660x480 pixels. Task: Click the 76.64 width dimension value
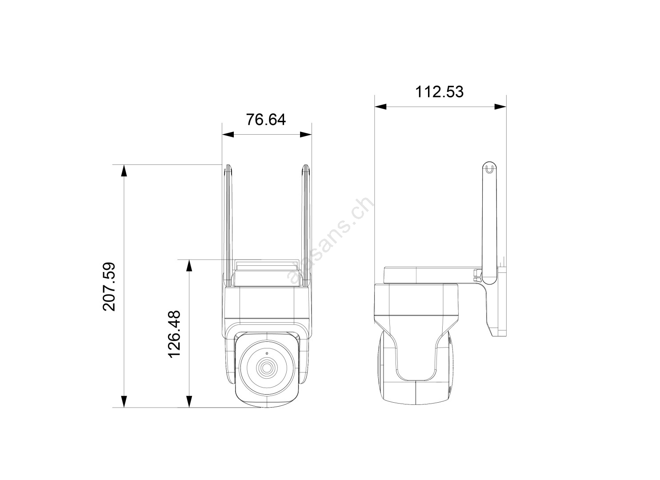266,120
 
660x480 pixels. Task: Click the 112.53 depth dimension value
439,92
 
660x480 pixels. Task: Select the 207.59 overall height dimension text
109,287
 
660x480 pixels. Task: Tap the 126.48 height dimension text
174,334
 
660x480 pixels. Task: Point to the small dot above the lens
267,353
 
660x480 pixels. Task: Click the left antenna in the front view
228,225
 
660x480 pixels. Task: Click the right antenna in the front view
306,225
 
